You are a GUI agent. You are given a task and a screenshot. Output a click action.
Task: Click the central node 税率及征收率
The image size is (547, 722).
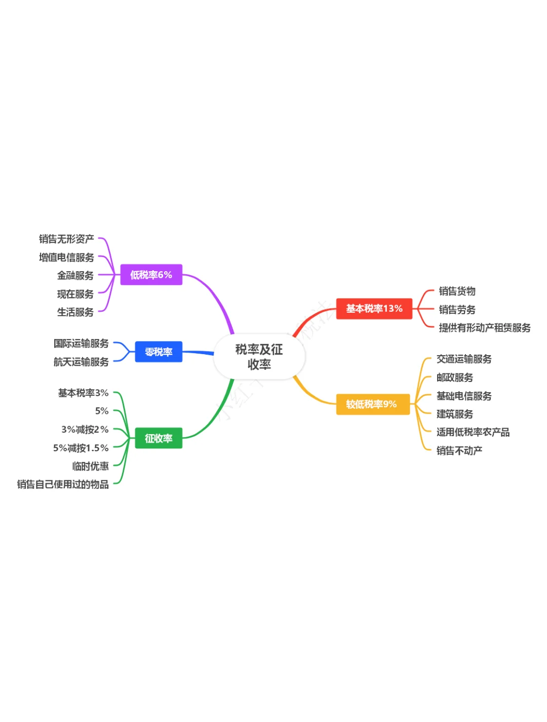[259, 357]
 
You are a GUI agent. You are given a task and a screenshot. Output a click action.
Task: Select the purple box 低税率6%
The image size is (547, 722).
[151, 275]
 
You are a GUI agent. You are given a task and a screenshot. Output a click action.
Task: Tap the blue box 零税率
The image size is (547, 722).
[159, 352]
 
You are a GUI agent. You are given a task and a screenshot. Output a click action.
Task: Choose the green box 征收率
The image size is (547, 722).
[159, 438]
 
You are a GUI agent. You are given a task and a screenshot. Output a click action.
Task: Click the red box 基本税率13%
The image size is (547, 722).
[374, 309]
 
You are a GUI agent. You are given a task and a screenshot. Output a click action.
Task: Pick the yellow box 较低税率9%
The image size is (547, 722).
[372, 404]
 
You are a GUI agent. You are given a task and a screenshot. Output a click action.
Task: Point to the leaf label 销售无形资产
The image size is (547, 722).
[66, 239]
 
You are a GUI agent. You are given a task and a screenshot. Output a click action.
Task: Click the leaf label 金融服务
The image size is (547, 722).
[75, 275]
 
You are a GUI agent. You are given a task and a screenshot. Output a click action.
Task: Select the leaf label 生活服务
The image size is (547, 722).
[75, 312]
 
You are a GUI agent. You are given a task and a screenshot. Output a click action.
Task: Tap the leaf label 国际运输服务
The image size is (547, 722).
[81, 344]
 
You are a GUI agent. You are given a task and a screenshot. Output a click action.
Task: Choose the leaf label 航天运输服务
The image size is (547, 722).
[81, 362]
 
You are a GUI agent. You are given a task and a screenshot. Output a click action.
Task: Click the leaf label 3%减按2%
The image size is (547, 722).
[85, 430]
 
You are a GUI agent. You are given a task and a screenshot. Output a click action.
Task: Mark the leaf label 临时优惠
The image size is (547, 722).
[91, 466]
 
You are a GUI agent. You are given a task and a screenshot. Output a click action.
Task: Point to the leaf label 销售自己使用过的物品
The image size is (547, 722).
[63, 484]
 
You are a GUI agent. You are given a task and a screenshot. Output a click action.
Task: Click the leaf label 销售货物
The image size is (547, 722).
[457, 291]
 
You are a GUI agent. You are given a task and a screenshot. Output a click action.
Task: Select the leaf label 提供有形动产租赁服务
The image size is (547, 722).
[484, 328]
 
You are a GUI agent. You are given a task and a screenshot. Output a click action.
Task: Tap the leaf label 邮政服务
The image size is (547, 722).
[454, 377]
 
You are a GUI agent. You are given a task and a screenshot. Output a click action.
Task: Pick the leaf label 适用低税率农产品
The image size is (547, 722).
[473, 432]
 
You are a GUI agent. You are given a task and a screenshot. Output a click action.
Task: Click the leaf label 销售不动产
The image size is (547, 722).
[459, 450]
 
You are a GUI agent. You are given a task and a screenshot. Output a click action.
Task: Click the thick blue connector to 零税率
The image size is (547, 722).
[198, 352]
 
